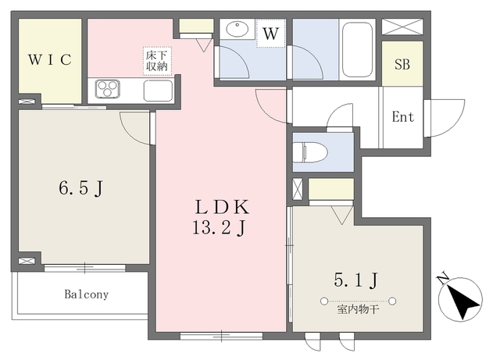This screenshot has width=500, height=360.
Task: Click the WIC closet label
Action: [x=50, y=59]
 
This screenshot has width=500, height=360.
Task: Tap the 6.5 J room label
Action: [x=81, y=188]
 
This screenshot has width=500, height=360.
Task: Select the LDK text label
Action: [x=222, y=207]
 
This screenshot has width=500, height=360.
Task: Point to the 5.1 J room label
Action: [x=356, y=280]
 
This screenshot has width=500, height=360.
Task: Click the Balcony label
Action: [x=87, y=294]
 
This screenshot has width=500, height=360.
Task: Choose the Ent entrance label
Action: [x=403, y=116]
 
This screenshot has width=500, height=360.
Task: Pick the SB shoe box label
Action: [x=402, y=64]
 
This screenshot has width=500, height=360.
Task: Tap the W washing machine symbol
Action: [x=271, y=33]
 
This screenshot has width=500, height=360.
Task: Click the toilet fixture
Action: [x=310, y=152]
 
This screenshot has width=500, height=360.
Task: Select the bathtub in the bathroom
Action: [x=357, y=49]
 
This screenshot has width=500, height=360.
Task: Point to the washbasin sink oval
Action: [x=237, y=29]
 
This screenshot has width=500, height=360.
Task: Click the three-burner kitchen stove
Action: [x=108, y=88]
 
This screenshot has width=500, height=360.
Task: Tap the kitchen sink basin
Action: [x=158, y=91]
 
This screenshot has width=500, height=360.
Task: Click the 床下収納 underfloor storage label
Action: [x=157, y=61]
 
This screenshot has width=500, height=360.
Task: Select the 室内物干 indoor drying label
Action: [x=358, y=309]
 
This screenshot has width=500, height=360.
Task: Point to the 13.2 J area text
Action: [x=219, y=228]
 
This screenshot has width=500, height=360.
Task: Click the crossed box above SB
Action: [x=402, y=27]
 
